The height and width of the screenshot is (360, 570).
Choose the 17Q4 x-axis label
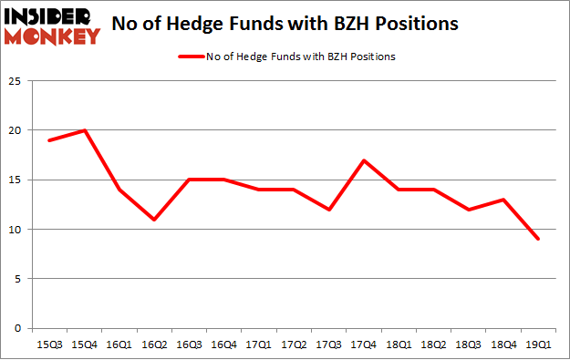[x=365, y=345]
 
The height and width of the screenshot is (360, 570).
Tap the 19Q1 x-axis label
[x=538, y=345]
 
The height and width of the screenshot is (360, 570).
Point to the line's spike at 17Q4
[x=365, y=160]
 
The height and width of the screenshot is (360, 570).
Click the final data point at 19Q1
[x=538, y=239]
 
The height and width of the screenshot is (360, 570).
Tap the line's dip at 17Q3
[x=330, y=210]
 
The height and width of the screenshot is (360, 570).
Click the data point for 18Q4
[x=503, y=200]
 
